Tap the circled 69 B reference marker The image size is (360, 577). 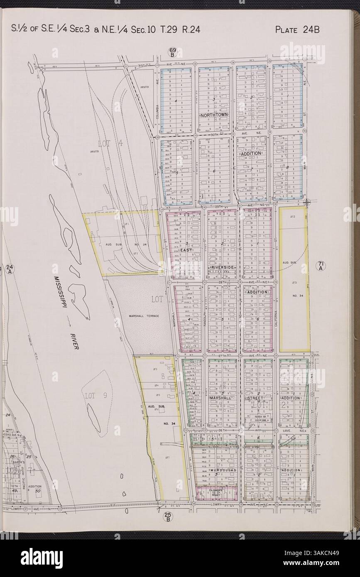173,52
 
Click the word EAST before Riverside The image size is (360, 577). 186,251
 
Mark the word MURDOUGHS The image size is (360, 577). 223,470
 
